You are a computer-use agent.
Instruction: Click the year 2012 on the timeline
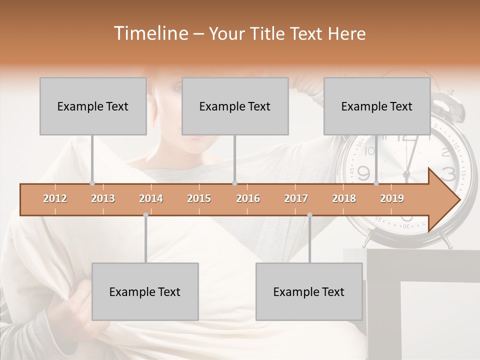tap(55, 198)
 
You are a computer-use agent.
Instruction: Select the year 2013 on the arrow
tap(103, 198)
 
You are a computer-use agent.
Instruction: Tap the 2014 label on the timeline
tap(151, 198)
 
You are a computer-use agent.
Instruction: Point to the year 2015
tap(199, 198)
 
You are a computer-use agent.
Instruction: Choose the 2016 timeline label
tap(248, 198)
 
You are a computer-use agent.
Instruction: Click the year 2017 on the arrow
tap(296, 198)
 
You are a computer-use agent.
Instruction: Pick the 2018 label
tap(344, 198)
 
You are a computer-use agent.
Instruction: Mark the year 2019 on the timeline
tap(392, 198)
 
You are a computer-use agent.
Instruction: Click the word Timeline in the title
tap(150, 33)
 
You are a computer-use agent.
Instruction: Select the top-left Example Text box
tap(93, 106)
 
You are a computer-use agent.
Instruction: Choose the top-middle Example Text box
tap(235, 106)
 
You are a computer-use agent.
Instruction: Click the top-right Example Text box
tap(377, 106)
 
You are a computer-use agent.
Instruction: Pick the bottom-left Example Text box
tap(145, 291)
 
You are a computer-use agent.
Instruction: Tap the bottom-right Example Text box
tap(309, 291)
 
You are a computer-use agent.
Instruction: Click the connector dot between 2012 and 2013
tap(92, 183)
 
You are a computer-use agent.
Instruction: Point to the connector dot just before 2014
tap(145, 215)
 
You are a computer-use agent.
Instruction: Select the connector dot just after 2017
tap(309, 215)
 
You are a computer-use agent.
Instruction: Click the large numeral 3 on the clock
tap(448, 173)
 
